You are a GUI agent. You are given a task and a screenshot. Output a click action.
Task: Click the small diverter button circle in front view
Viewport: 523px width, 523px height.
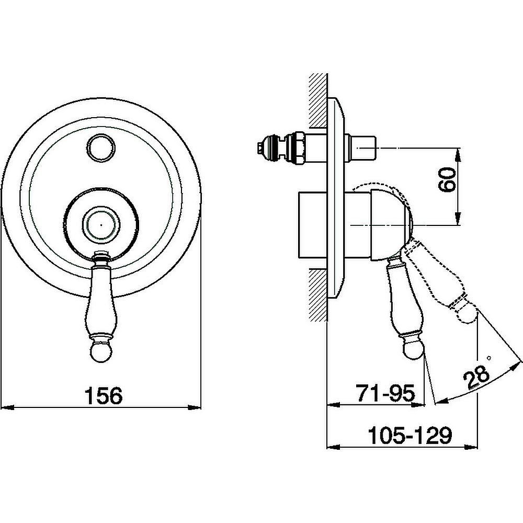[102, 147]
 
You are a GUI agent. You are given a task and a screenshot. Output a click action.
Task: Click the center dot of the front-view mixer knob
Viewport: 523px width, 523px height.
[102, 225]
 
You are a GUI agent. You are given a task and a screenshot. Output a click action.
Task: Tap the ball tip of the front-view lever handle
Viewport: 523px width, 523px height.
[102, 350]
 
